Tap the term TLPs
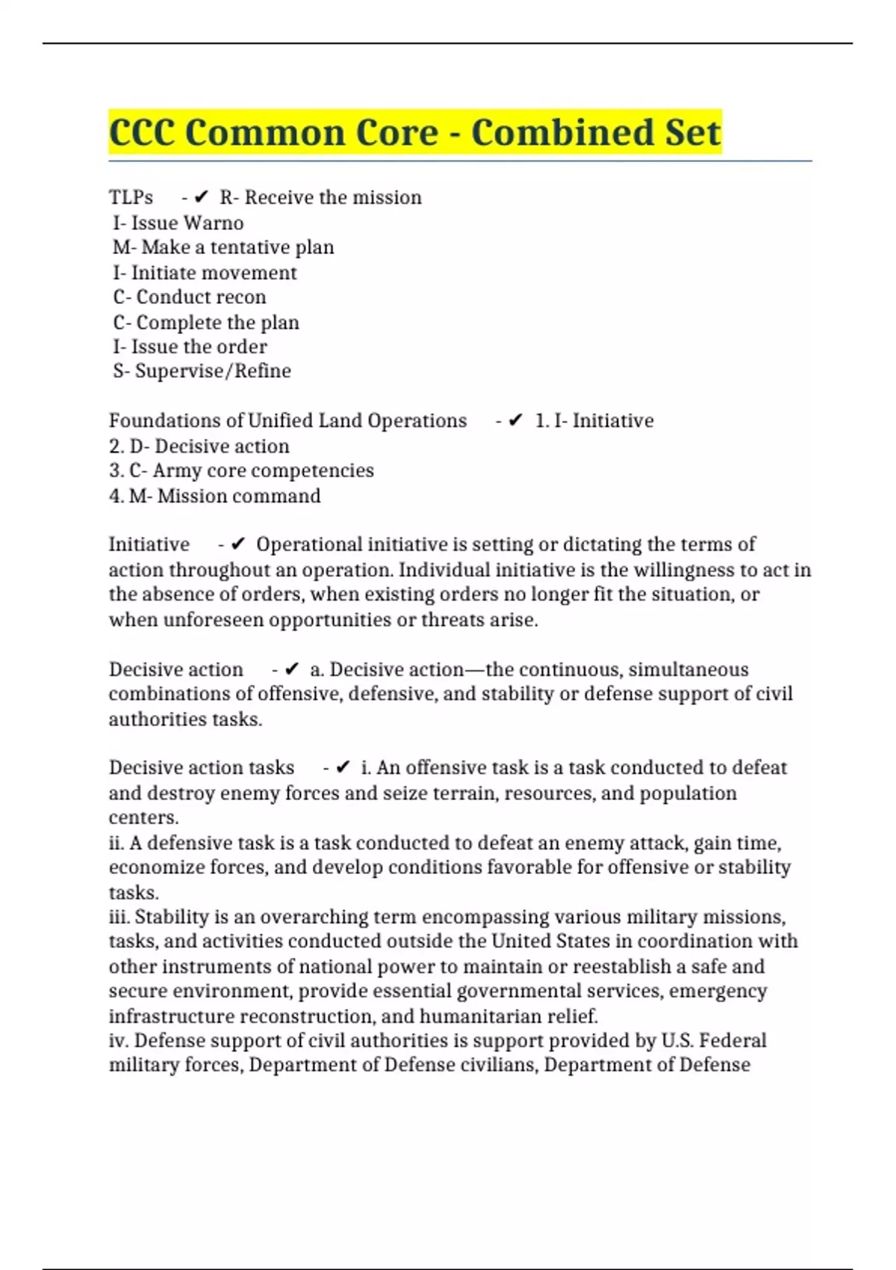tap(131, 197)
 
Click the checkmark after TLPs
tap(201, 197)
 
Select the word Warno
tap(214, 223)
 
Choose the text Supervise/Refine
tap(213, 371)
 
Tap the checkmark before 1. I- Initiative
tap(515, 421)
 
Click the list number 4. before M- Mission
tap(116, 496)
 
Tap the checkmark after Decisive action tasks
tap(343, 767)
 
